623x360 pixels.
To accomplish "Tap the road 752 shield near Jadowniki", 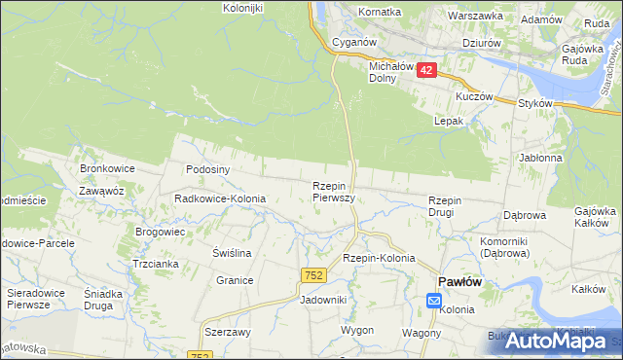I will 312,276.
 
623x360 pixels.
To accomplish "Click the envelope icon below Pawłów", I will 433,303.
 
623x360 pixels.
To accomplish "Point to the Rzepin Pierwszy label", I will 333,191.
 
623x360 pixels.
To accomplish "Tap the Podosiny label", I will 207,168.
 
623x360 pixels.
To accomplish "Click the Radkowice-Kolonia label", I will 219,198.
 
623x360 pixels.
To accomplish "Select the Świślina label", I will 232,252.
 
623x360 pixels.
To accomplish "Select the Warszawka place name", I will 475,16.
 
